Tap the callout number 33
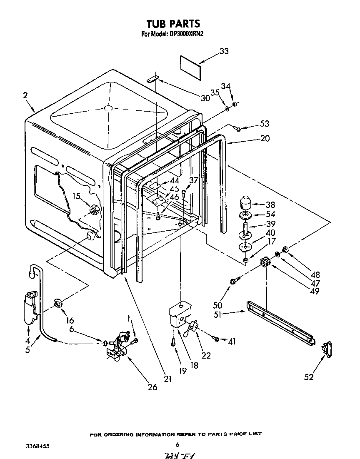coord(224,52)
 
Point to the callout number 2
coord(25,95)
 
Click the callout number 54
coord(270,214)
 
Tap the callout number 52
coord(308,377)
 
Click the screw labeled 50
coord(233,282)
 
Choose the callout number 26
coord(152,387)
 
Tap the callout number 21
coord(167,379)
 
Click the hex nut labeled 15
coord(94,210)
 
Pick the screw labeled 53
coord(237,128)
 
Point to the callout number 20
coord(265,139)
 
